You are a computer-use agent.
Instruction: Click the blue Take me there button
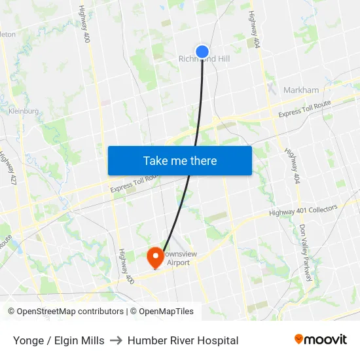(x=180, y=160)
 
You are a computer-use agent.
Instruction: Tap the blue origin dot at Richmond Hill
(x=202, y=51)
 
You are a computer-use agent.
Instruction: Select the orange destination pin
(x=155, y=257)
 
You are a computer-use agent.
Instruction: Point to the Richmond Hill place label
(x=204, y=60)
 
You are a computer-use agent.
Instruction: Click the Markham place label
(x=301, y=90)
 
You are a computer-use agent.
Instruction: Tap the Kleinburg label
(x=24, y=111)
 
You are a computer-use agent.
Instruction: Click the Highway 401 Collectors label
(x=303, y=211)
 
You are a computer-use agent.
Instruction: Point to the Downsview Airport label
(x=175, y=259)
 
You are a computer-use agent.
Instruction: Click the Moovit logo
(x=321, y=340)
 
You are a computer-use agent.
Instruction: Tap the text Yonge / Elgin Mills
(x=58, y=340)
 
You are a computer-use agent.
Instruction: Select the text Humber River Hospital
(x=183, y=340)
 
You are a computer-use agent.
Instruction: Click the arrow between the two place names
(x=116, y=340)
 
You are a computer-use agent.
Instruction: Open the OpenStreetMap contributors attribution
(x=66, y=312)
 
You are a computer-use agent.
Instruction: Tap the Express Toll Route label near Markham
(x=305, y=110)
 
